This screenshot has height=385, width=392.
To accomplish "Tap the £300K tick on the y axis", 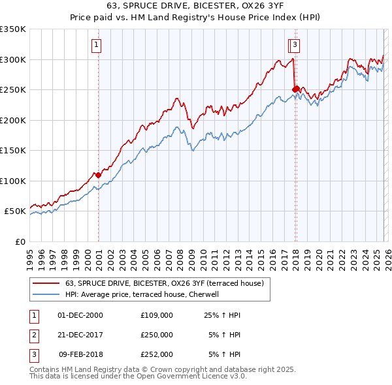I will (x=13, y=59).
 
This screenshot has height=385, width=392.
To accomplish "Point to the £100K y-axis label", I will (x=13, y=181).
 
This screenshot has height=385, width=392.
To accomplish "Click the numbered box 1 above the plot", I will (x=96, y=45).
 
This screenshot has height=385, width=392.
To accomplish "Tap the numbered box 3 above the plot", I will (x=295, y=45).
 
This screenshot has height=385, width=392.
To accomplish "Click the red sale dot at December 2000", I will (x=98, y=175).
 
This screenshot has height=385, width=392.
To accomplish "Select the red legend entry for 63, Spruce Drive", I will (x=164, y=283).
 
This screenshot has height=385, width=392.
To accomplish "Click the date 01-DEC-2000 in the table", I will (x=80, y=315).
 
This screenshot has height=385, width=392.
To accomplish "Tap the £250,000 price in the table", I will (x=157, y=334).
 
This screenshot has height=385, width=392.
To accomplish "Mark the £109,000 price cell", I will (x=157, y=315).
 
